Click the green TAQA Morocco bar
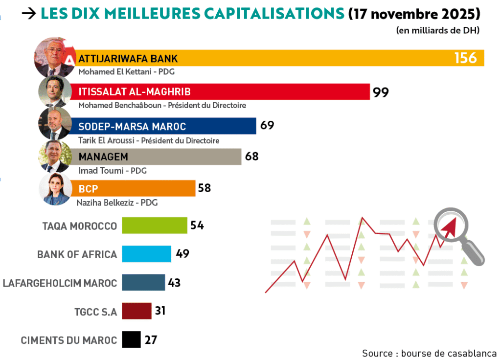154,225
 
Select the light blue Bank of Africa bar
146,254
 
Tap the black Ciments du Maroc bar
131,339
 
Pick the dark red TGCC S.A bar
137,311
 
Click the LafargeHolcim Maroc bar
143,282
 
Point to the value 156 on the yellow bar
465,58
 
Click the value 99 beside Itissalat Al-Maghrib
381,92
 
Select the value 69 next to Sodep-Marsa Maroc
267,125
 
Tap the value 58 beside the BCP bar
204,188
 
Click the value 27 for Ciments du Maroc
151,339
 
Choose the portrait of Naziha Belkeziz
55,189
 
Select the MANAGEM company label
103,157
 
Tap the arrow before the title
29,14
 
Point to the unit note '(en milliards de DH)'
437,30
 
